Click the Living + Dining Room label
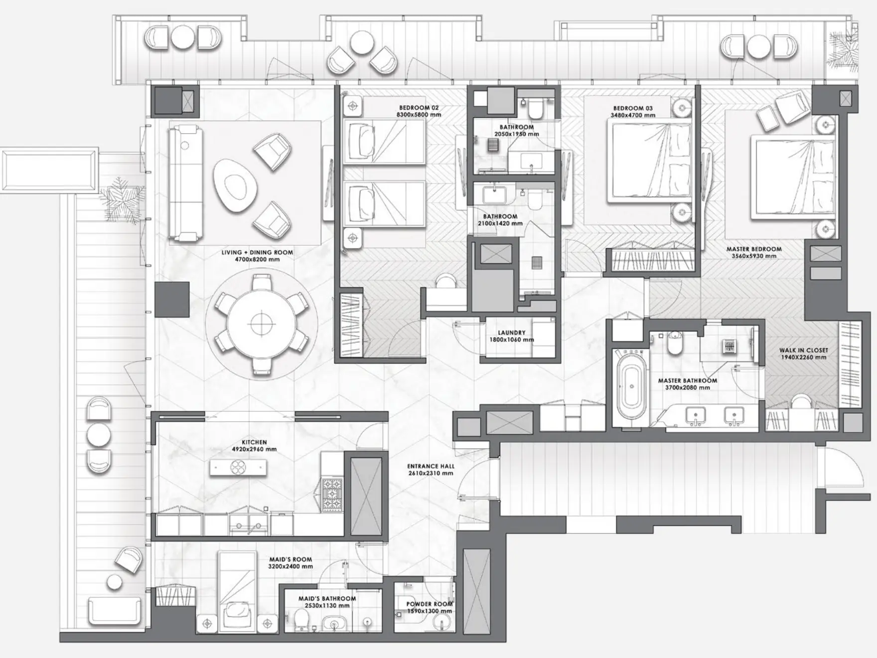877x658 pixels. pos(257,253)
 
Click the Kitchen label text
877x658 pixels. pos(254,442)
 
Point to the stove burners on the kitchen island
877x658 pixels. pos(238,467)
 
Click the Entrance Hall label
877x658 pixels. pos(431,467)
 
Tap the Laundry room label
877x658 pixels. pos(511,332)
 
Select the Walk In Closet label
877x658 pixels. pos(803,350)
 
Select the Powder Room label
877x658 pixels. pos(429,604)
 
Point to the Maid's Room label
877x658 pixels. pos(291,559)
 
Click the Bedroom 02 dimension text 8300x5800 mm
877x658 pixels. pos(419,115)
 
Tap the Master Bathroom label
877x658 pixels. pos(688,380)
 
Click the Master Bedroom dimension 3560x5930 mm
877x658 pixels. pos(753,256)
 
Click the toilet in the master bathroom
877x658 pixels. pos(675,343)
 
